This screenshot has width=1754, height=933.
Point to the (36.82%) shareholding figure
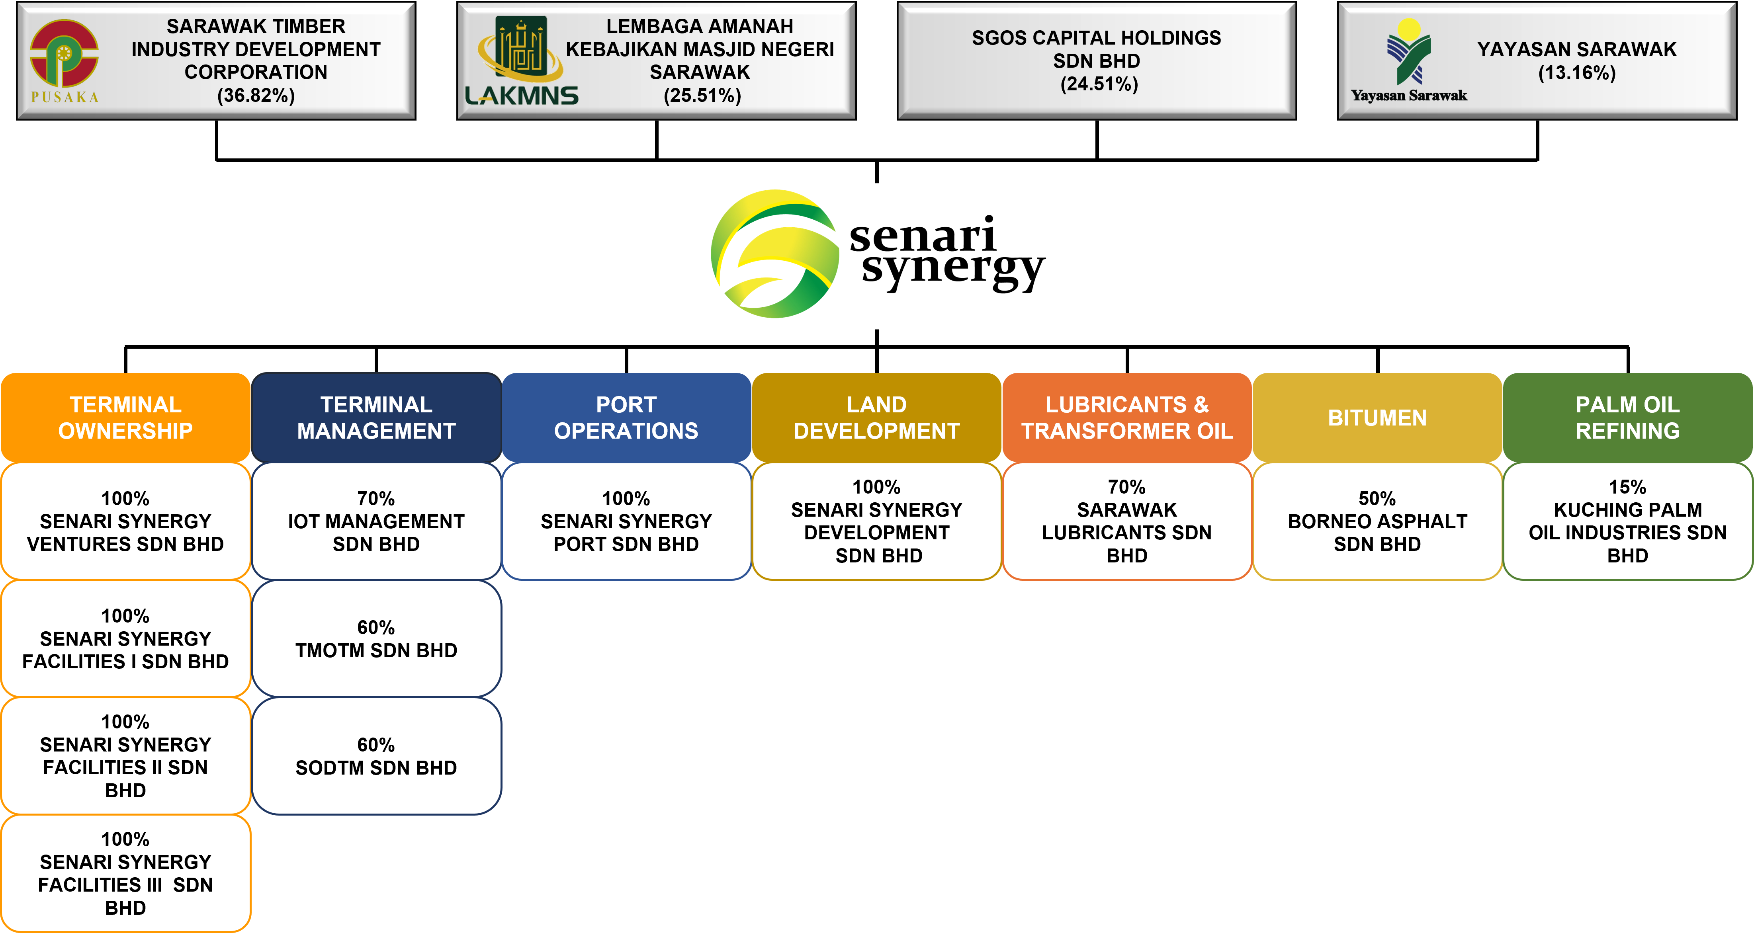[x=256, y=95]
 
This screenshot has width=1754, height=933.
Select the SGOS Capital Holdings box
[x=1096, y=61]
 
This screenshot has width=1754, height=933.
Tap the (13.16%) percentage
[x=1576, y=73]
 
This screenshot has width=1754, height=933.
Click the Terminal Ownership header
[x=125, y=417]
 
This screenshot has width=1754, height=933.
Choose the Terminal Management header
[x=376, y=417]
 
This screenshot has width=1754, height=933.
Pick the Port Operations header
[x=626, y=417]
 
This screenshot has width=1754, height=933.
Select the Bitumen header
[x=1377, y=417]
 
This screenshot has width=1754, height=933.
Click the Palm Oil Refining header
[x=1627, y=417]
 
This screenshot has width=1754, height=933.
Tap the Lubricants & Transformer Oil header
[x=1127, y=417]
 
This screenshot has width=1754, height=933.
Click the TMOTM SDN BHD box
[x=376, y=638]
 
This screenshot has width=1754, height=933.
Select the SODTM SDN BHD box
[x=376, y=756]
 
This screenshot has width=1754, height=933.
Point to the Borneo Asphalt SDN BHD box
[x=1377, y=521]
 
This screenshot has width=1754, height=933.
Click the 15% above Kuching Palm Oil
[x=1627, y=487]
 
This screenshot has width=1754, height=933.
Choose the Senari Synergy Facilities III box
[x=125, y=873]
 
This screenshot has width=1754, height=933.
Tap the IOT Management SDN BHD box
[x=376, y=521]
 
